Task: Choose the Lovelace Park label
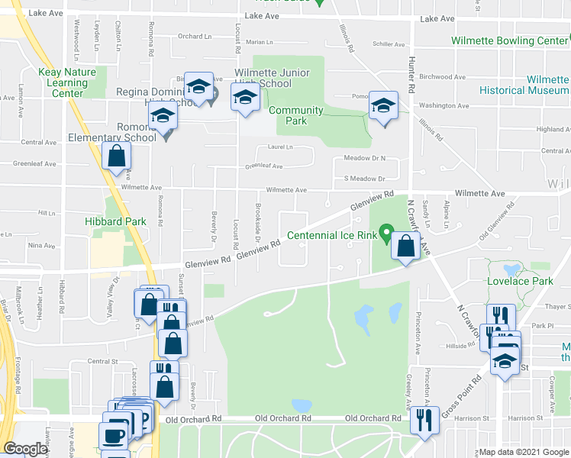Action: tap(519, 281)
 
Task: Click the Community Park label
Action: tap(295, 115)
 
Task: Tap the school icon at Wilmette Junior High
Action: tap(244, 98)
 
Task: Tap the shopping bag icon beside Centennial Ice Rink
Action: tap(406, 246)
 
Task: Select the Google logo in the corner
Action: tap(25, 449)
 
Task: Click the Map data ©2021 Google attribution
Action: tap(524, 452)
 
